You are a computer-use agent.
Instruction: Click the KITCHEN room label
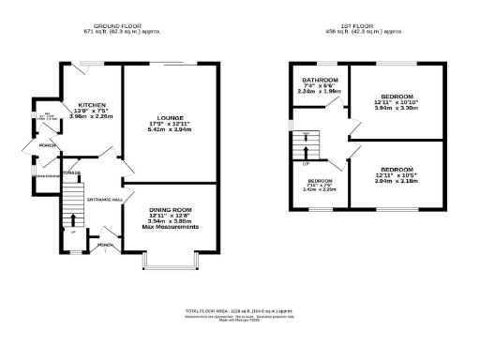[92, 104]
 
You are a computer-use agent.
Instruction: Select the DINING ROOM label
[170, 209]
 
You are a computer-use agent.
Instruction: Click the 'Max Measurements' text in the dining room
[170, 227]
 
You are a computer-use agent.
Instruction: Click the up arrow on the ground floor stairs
[73, 220]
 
